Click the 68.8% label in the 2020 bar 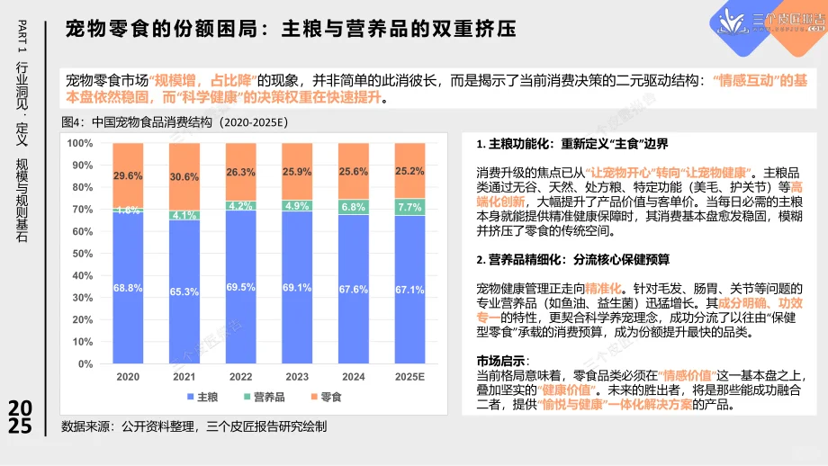[x=128, y=288]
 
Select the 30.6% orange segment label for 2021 [x=184, y=176]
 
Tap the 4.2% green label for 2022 [x=240, y=206]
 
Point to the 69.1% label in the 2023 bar [x=297, y=288]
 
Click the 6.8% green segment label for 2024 [x=354, y=207]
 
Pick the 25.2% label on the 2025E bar [x=409, y=171]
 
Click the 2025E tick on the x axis [x=409, y=377]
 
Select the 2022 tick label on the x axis [x=240, y=377]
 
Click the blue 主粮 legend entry [x=201, y=396]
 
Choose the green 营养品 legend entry [x=264, y=396]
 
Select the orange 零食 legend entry [x=325, y=396]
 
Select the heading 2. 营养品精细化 [x=573, y=259]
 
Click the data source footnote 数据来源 [x=193, y=426]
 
